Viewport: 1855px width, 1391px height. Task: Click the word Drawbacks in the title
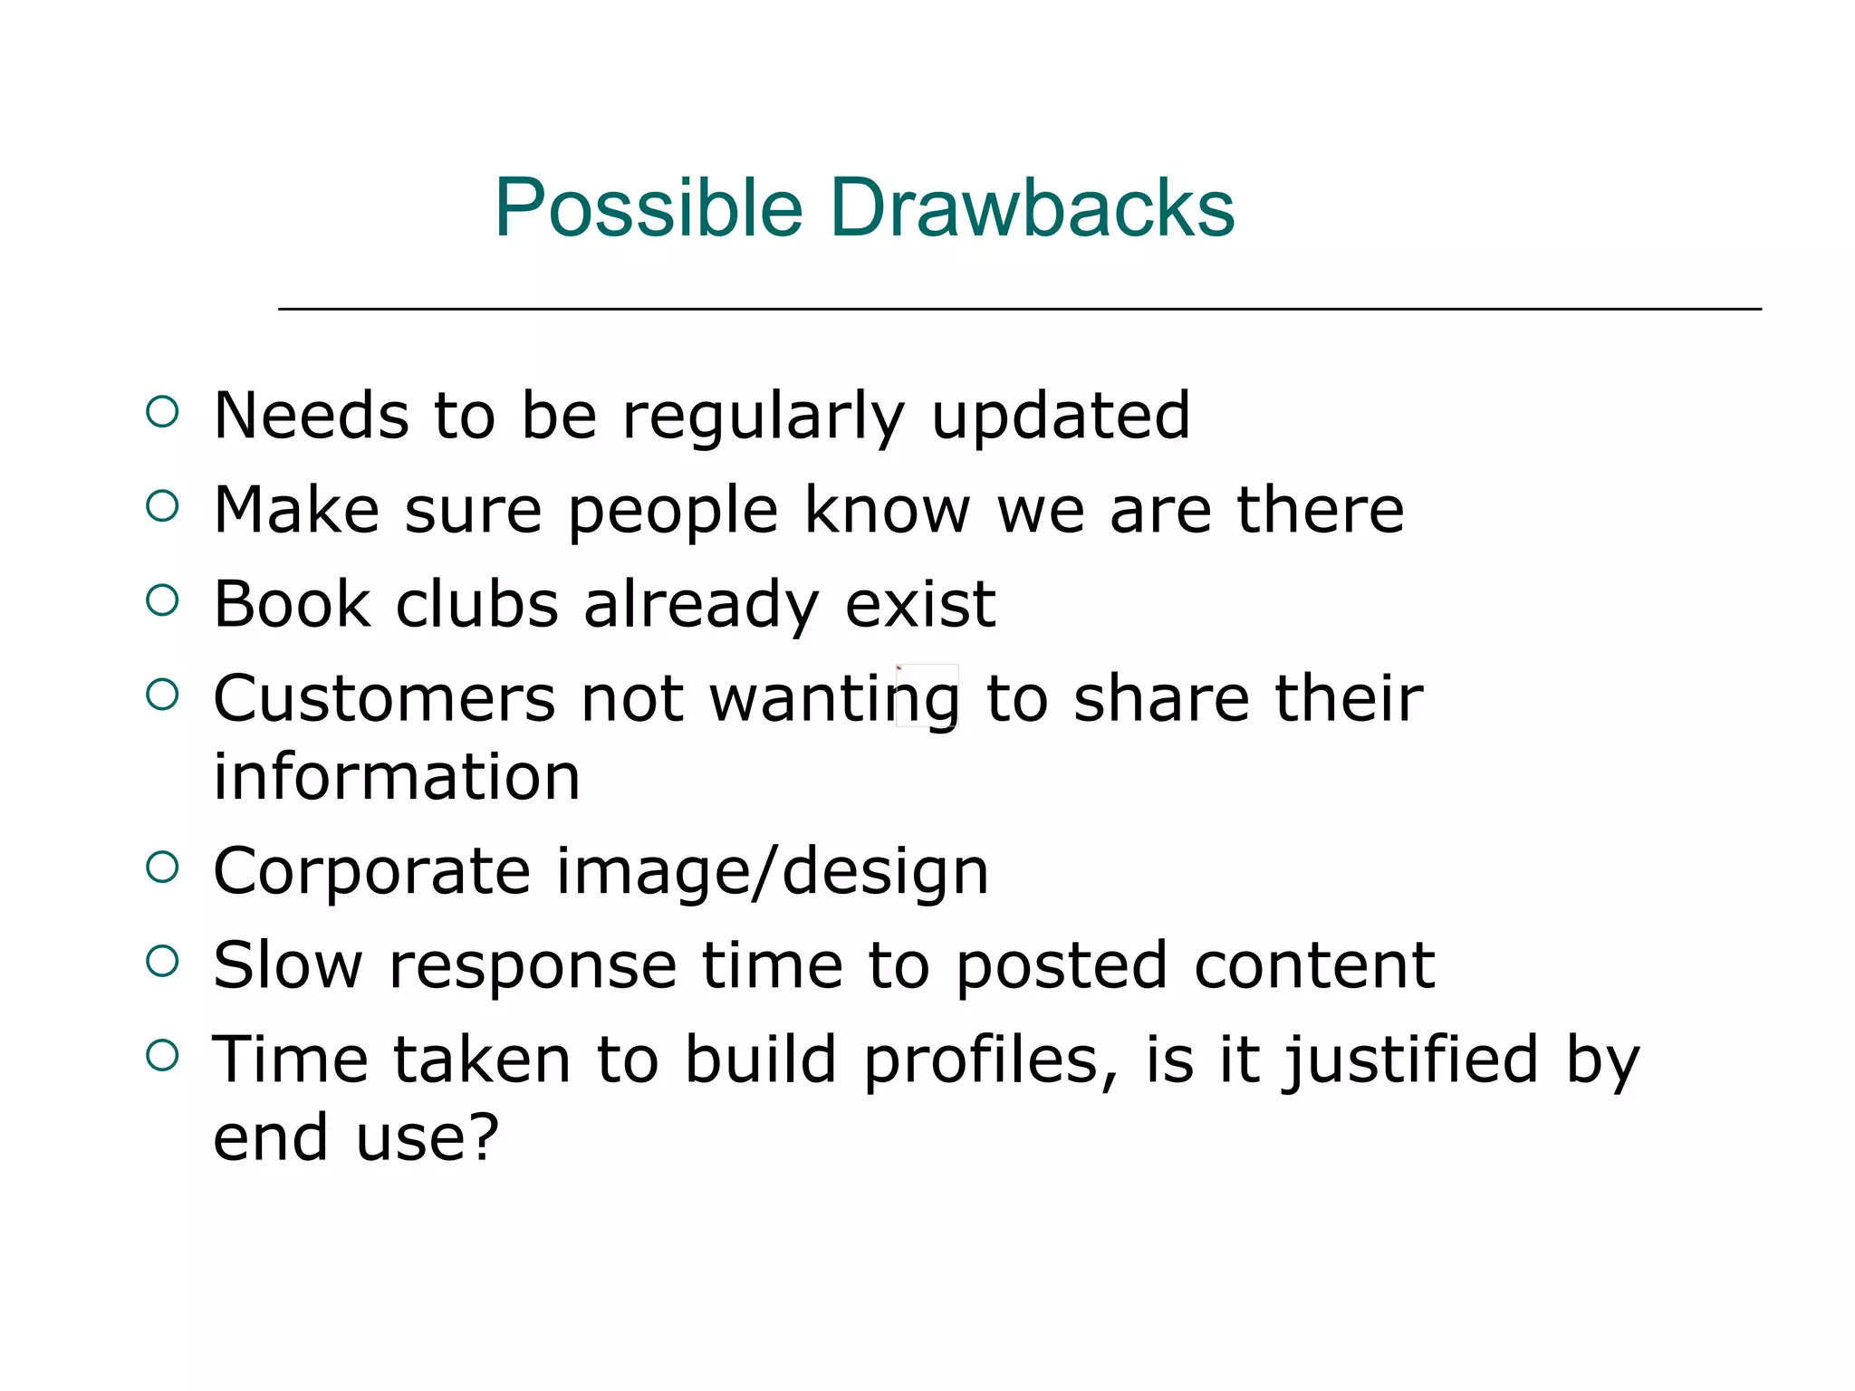coord(1032,208)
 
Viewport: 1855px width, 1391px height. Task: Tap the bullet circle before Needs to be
coord(162,412)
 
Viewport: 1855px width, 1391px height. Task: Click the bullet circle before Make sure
coord(162,505)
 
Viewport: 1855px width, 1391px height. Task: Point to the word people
coord(673,513)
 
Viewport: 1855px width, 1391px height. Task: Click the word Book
coord(292,604)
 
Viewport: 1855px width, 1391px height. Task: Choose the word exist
coord(920,604)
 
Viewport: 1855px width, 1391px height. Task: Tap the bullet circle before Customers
coord(162,695)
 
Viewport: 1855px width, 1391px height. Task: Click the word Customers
coord(384,699)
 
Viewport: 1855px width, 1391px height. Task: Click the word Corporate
coord(371,872)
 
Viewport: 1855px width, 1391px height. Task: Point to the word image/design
coord(772,872)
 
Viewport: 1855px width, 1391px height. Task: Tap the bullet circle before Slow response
coord(162,961)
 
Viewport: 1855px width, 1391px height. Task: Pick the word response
coord(533,967)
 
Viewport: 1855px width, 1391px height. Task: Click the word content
coord(1314,965)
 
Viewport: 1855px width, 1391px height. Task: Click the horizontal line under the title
coord(1020,310)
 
